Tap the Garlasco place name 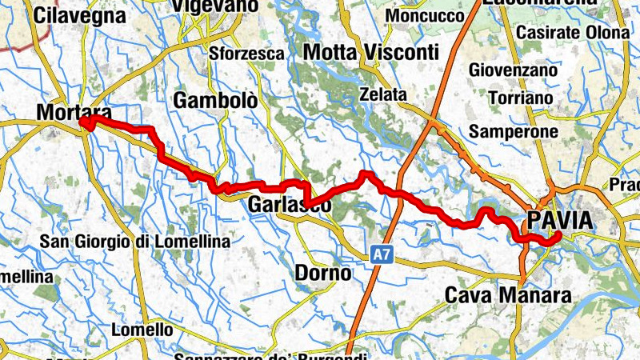click(x=290, y=205)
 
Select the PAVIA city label click(x=560, y=220)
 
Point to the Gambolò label click(x=216, y=101)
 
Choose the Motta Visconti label click(x=372, y=53)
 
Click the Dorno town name click(x=323, y=273)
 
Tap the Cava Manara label click(x=509, y=296)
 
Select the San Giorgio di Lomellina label click(x=135, y=241)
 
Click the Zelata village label click(x=383, y=94)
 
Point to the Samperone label click(x=513, y=130)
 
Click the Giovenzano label click(x=512, y=70)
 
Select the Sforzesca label click(x=246, y=54)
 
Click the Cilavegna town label click(x=80, y=15)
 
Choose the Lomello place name click(x=142, y=329)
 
